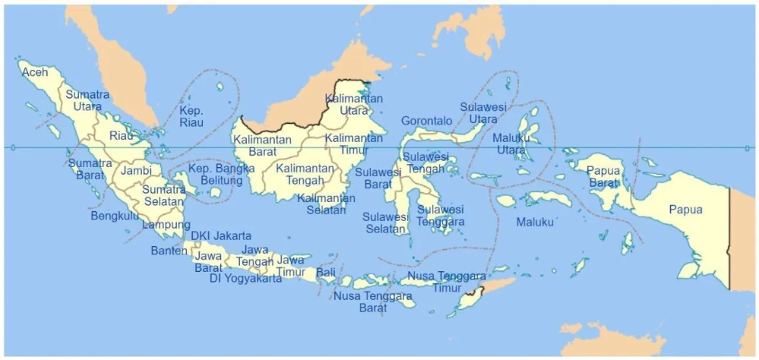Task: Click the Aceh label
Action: point(35,72)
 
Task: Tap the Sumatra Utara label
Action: point(87,100)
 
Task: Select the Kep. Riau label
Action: point(191,116)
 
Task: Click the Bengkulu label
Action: point(115,216)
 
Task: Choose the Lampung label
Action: point(166,225)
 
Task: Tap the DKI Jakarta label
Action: point(221,236)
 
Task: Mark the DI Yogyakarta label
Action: point(245,279)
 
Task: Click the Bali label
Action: point(326,272)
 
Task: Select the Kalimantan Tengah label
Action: point(305,174)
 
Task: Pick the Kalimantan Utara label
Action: point(354,104)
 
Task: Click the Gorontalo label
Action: point(426,121)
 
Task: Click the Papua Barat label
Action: point(604,176)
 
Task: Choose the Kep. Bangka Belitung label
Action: point(221,174)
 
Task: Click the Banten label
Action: point(168,250)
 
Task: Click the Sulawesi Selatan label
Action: point(386,223)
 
